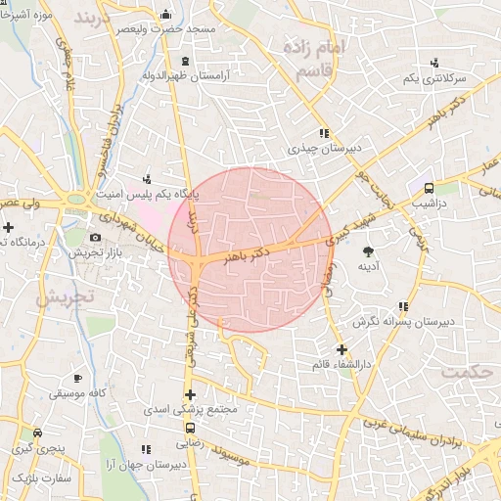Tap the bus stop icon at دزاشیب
428,188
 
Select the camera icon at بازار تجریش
95,238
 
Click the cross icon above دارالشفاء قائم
341,349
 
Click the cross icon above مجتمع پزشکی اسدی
189,393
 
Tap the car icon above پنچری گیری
37,433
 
